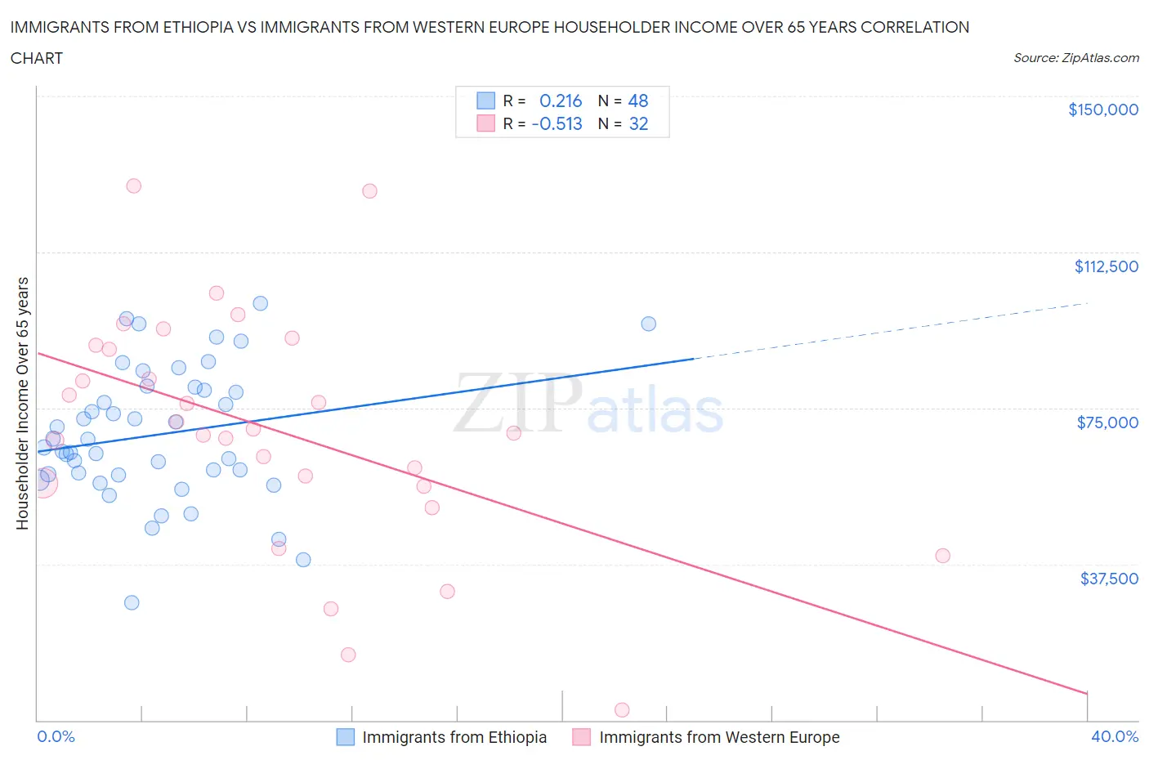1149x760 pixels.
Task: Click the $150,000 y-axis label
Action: [x=1102, y=110]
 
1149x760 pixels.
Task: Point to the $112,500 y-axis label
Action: [x=1106, y=266]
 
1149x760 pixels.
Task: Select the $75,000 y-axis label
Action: [x=1107, y=422]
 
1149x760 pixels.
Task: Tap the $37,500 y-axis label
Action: [x=1108, y=579]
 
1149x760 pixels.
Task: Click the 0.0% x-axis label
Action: [x=56, y=736]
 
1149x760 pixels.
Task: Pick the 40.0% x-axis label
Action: [x=1114, y=736]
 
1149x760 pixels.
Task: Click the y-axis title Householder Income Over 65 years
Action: [x=23, y=403]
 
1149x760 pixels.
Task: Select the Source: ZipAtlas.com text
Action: [x=1075, y=58]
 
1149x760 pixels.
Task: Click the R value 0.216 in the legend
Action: [x=561, y=101]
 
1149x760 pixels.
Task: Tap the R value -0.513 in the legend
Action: [x=557, y=123]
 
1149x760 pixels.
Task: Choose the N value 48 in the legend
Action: [x=637, y=101]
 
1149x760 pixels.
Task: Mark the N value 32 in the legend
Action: [x=637, y=123]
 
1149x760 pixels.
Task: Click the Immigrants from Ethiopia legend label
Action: [x=454, y=737]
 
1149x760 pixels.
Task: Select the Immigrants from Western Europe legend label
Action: [x=719, y=737]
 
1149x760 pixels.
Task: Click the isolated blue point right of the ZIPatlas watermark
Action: [x=648, y=324]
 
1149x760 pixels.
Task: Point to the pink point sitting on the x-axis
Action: [x=622, y=710]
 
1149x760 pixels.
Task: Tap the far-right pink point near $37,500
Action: [x=942, y=556]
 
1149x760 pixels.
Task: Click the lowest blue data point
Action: [x=132, y=602]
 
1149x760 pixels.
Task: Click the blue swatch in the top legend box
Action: [x=485, y=101]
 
